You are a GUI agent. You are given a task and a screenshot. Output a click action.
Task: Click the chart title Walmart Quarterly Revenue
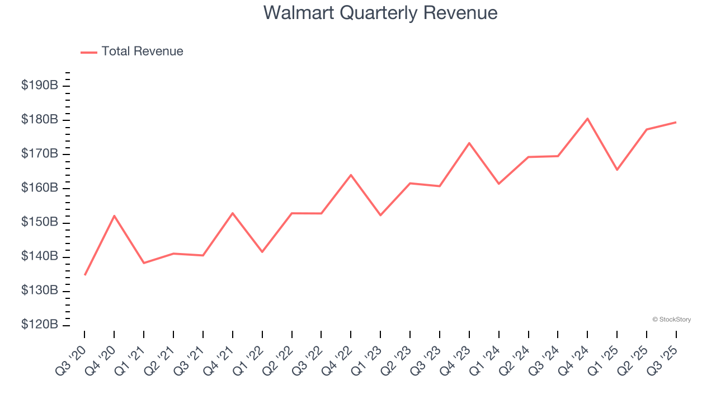tap(380, 12)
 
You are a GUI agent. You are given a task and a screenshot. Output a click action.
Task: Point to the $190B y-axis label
tap(39, 86)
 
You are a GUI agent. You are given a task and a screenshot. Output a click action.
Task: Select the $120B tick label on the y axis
tap(39, 325)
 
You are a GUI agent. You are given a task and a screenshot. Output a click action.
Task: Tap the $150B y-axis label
tap(39, 222)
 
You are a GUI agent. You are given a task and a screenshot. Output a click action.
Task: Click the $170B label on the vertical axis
tap(39, 154)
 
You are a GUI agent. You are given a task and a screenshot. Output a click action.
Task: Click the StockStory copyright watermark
tap(671, 320)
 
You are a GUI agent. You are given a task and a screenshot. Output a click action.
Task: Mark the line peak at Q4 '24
tap(587, 119)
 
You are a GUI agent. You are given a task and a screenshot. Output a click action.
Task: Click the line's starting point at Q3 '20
tap(85, 275)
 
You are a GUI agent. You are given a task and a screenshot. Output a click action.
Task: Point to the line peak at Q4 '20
tap(114, 215)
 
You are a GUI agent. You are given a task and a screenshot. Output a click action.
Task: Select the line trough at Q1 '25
tap(617, 170)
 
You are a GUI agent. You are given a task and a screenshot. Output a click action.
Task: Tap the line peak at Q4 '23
tap(469, 143)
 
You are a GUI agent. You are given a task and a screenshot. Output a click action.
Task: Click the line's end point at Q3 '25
tap(676, 122)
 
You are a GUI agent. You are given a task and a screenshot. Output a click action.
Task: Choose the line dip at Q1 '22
tap(262, 252)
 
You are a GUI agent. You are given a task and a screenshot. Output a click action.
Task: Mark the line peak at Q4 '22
tap(351, 175)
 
